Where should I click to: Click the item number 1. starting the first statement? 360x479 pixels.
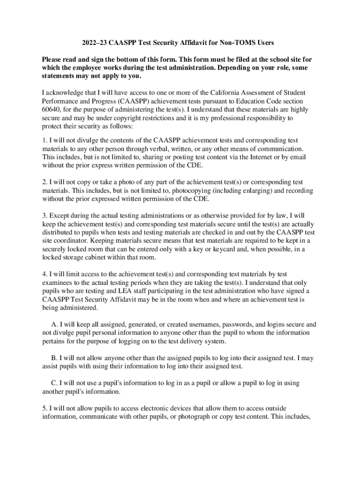(x=44, y=140)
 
